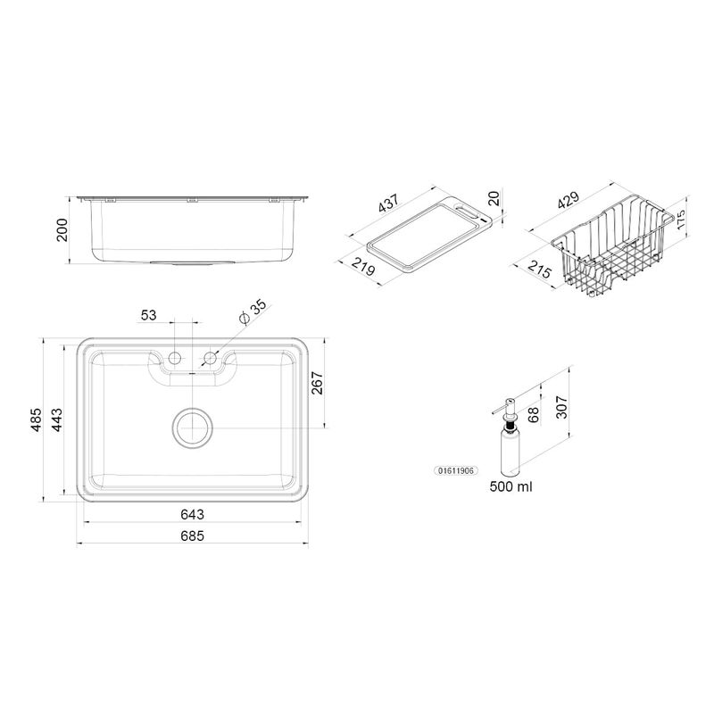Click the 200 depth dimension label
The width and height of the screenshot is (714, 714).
tap(62, 230)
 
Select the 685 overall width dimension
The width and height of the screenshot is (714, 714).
tap(192, 536)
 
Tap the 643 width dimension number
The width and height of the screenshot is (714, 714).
tap(192, 515)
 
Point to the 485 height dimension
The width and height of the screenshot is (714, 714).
tap(36, 419)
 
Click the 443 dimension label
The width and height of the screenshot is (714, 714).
tap(56, 419)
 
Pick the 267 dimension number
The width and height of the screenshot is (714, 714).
tap(317, 383)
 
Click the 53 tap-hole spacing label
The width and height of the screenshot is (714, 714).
tap(148, 315)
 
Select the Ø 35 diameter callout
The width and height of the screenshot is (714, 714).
tap(253, 311)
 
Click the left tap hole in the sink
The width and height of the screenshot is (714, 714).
tap(174, 358)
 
